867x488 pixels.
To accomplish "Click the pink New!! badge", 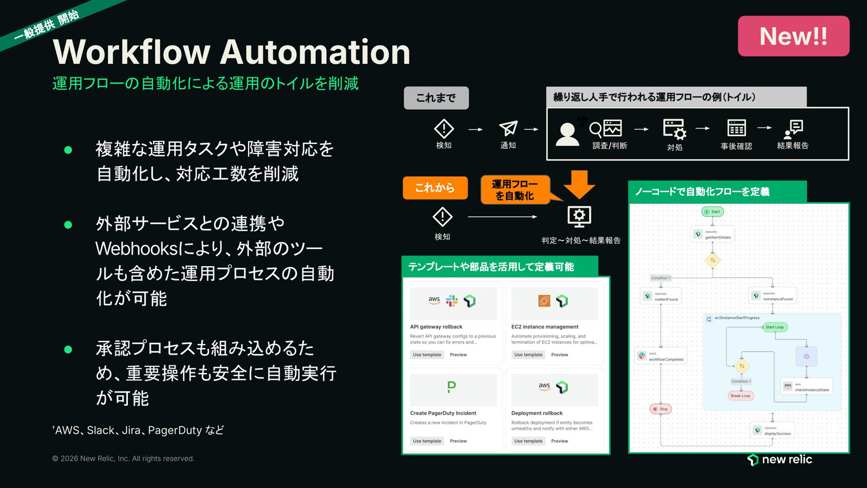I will (x=793, y=36).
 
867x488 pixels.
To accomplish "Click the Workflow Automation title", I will (x=231, y=52).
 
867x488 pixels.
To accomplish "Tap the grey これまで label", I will (x=436, y=98).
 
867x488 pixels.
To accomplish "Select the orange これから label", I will (x=435, y=188).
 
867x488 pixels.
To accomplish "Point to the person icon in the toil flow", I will (x=567, y=134).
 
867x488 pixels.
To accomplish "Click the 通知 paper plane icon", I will (x=508, y=129).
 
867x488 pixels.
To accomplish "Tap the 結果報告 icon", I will (x=793, y=129).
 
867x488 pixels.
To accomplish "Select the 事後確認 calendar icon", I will (x=736, y=129).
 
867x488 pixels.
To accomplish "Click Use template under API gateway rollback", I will (x=427, y=355).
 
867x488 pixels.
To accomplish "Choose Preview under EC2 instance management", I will (x=559, y=355).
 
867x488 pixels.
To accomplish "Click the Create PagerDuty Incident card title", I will (x=443, y=413).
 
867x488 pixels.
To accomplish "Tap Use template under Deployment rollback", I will (x=528, y=441).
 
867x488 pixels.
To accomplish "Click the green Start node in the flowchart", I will (x=713, y=211).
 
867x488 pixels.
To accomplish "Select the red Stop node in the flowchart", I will (x=661, y=409).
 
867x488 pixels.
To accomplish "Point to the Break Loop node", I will (x=740, y=396).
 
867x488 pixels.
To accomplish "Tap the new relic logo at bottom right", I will (x=780, y=460).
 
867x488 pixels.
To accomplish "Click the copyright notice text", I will (x=123, y=459).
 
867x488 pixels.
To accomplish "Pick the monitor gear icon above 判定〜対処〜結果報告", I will (x=579, y=216).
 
